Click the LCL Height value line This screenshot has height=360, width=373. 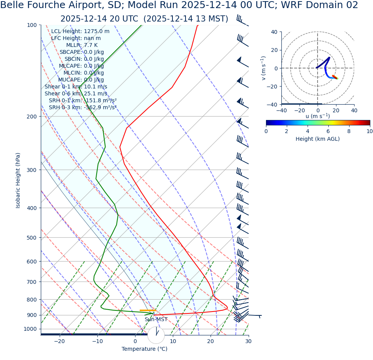click(80, 31)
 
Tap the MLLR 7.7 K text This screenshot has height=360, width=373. click(82, 45)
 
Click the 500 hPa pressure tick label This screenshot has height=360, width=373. click(32, 238)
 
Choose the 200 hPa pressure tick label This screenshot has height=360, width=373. click(32, 117)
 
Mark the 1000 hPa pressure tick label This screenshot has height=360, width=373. click(30, 329)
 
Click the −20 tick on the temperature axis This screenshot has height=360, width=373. click(59, 341)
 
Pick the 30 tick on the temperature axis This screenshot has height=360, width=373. click(248, 341)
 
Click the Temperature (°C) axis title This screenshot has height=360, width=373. click(144, 349)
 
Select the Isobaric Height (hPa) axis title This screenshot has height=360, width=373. click(18, 180)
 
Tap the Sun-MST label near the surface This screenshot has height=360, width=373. click(156, 320)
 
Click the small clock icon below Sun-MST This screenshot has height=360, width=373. click(156, 335)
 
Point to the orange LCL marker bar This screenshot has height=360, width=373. click(148, 310)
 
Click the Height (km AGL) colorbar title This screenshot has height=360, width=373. click(318, 139)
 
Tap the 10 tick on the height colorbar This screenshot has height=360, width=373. click(370, 131)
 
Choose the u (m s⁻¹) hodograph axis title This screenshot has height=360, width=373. click(318, 116)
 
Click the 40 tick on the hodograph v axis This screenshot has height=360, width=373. click(274, 32)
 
